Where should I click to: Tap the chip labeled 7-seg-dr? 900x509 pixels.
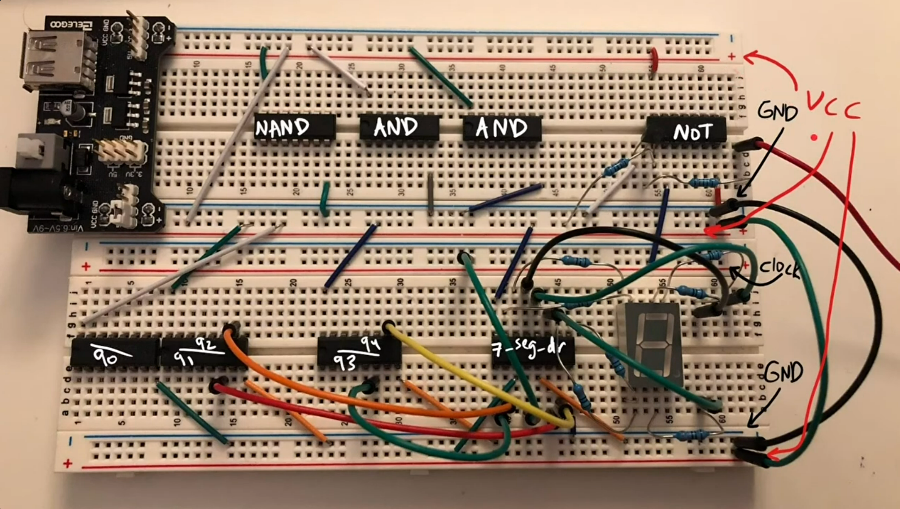pos(532,354)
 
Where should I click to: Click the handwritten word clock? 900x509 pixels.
pos(779,269)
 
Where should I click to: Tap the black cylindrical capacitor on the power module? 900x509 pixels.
pos(77,114)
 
